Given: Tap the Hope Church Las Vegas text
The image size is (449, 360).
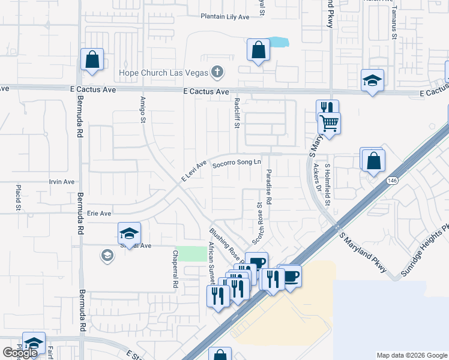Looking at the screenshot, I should click(162, 73).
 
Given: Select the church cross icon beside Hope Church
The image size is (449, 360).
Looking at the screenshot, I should click(217, 73).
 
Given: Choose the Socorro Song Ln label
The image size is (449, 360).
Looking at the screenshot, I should click(237, 162).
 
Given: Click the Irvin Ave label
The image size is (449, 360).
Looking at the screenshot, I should click(62, 182).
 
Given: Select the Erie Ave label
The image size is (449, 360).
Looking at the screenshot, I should click(99, 213).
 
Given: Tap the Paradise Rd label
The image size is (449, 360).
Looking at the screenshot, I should click(269, 187).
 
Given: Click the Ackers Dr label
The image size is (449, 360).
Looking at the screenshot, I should click(316, 174).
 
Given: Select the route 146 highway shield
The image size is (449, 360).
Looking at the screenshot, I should click(392, 180).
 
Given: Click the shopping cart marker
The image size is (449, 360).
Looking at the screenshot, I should click(329, 123).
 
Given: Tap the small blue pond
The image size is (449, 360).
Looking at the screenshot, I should click(278, 43).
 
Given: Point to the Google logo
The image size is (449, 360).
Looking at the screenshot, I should click(20, 353).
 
